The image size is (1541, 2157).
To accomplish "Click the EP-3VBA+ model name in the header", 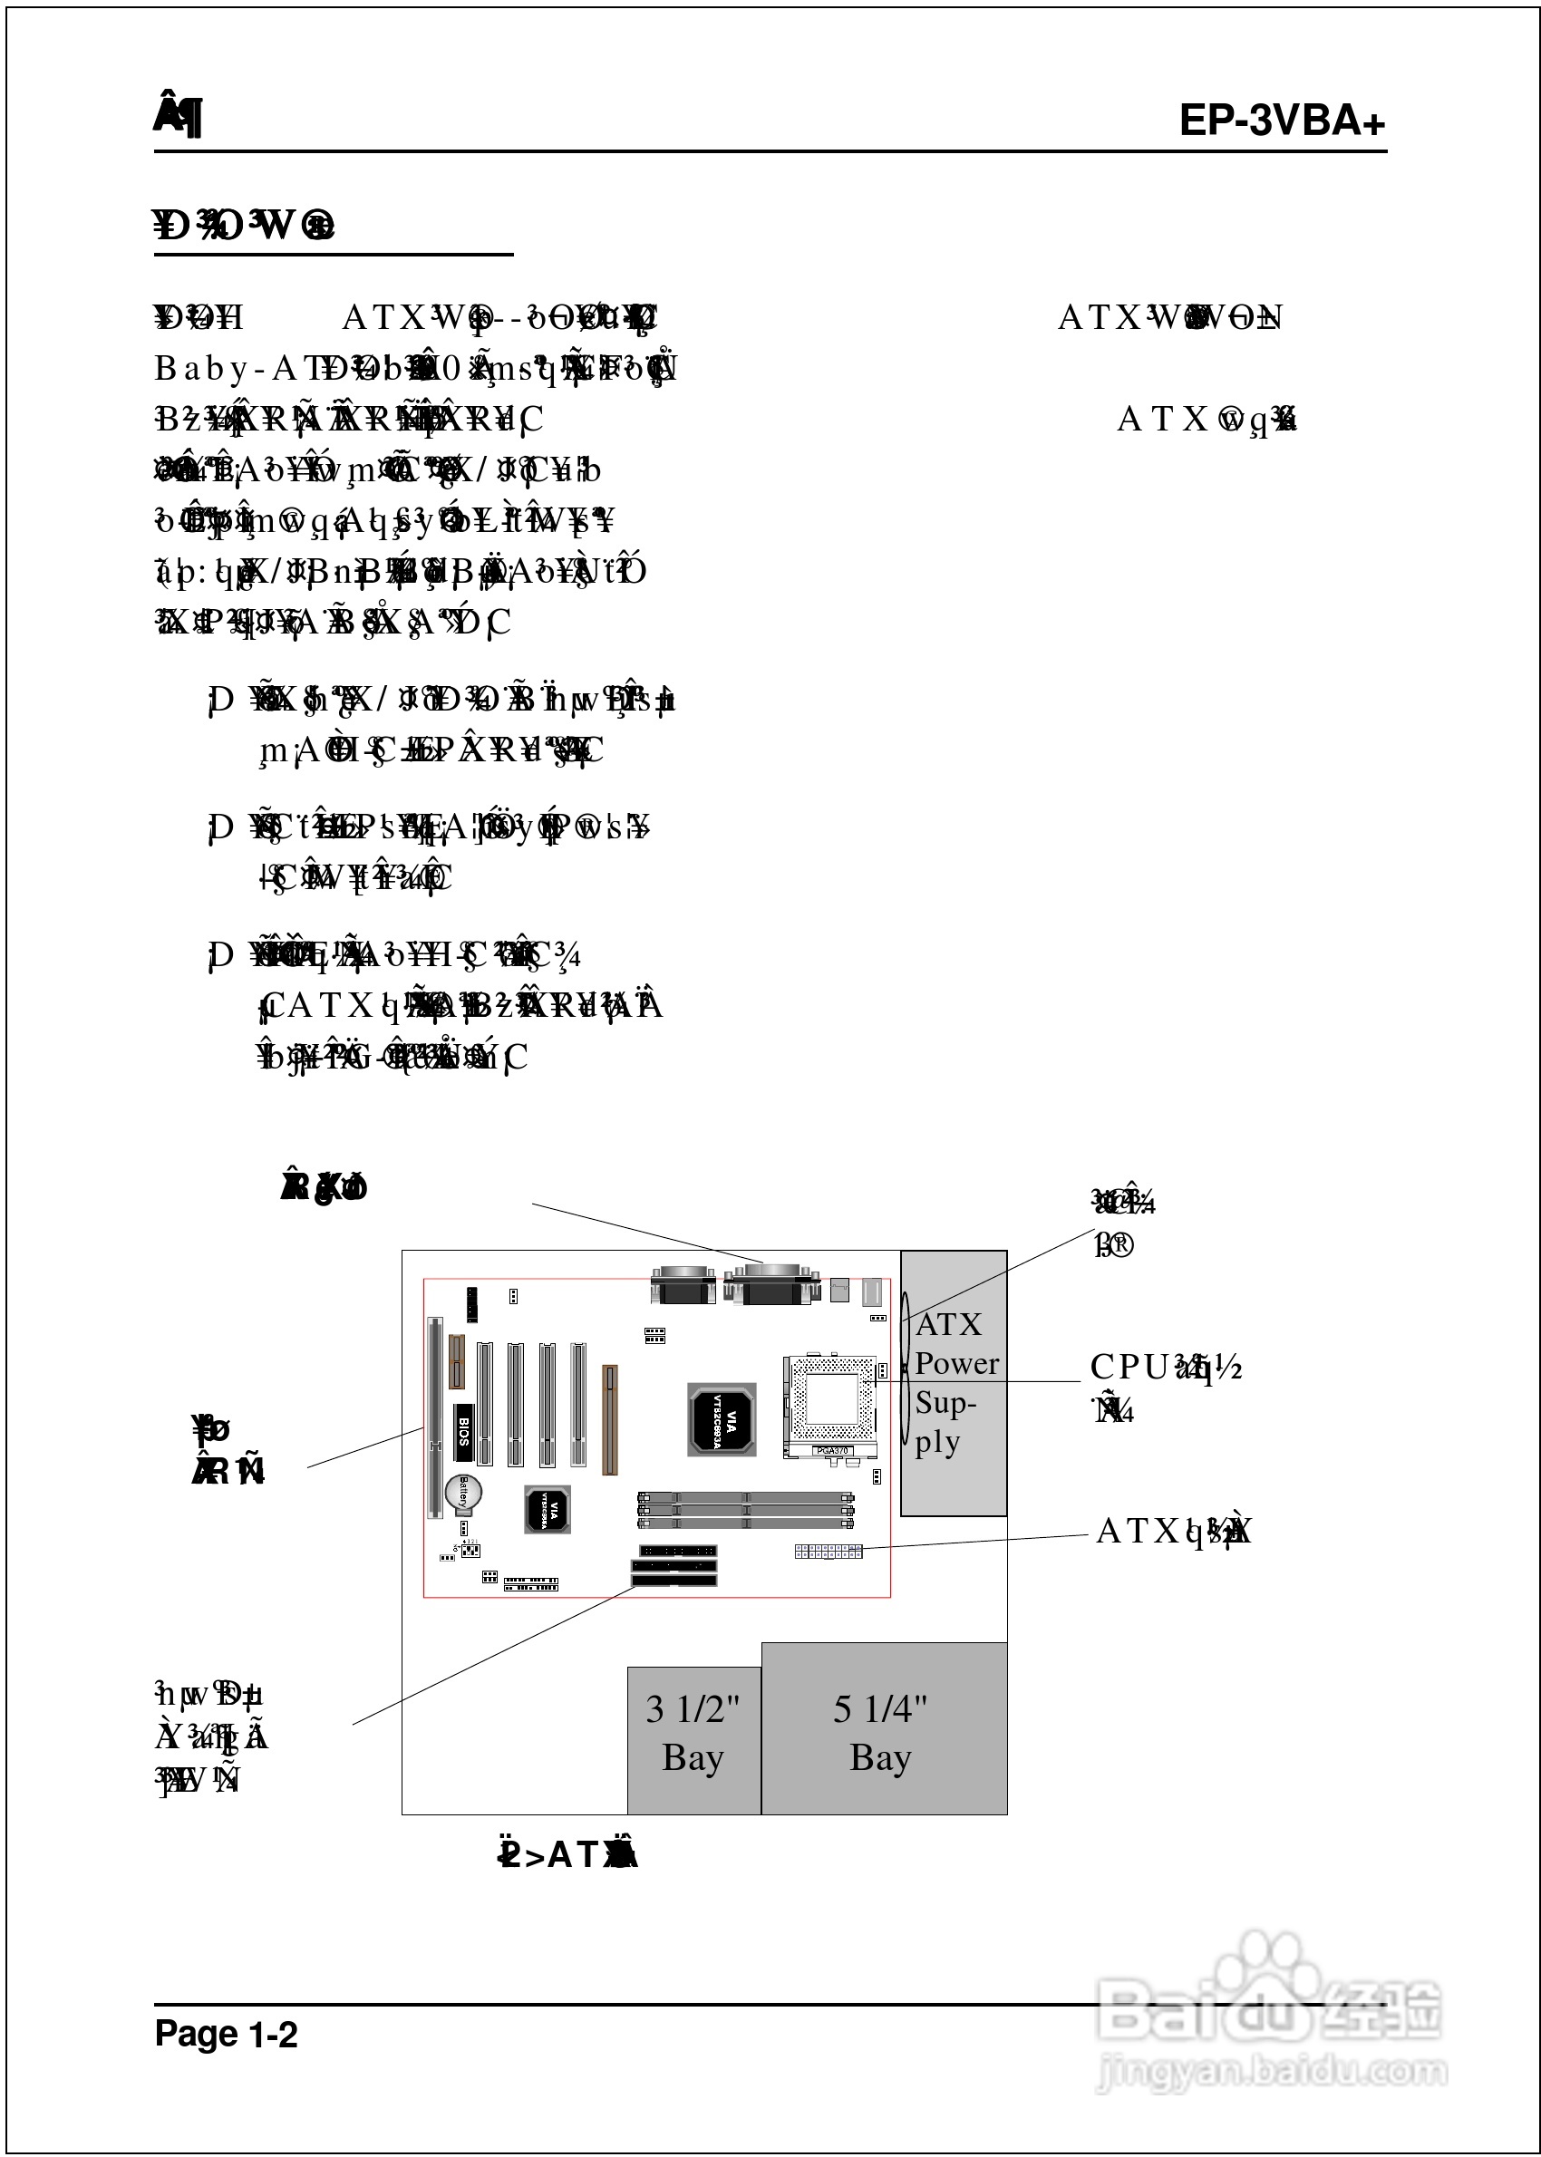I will [1281, 121].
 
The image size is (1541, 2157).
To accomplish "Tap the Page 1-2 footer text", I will [226, 2034].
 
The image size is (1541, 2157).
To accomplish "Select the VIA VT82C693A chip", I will [722, 1419].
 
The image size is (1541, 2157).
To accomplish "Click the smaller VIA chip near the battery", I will [548, 1509].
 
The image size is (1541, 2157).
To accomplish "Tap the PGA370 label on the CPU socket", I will [832, 1450].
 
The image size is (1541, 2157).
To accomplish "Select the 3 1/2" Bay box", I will [693, 1739].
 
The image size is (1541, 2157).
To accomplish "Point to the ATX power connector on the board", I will [829, 1551].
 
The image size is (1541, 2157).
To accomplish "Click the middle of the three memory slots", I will [745, 1510].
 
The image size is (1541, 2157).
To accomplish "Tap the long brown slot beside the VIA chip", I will [610, 1419].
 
